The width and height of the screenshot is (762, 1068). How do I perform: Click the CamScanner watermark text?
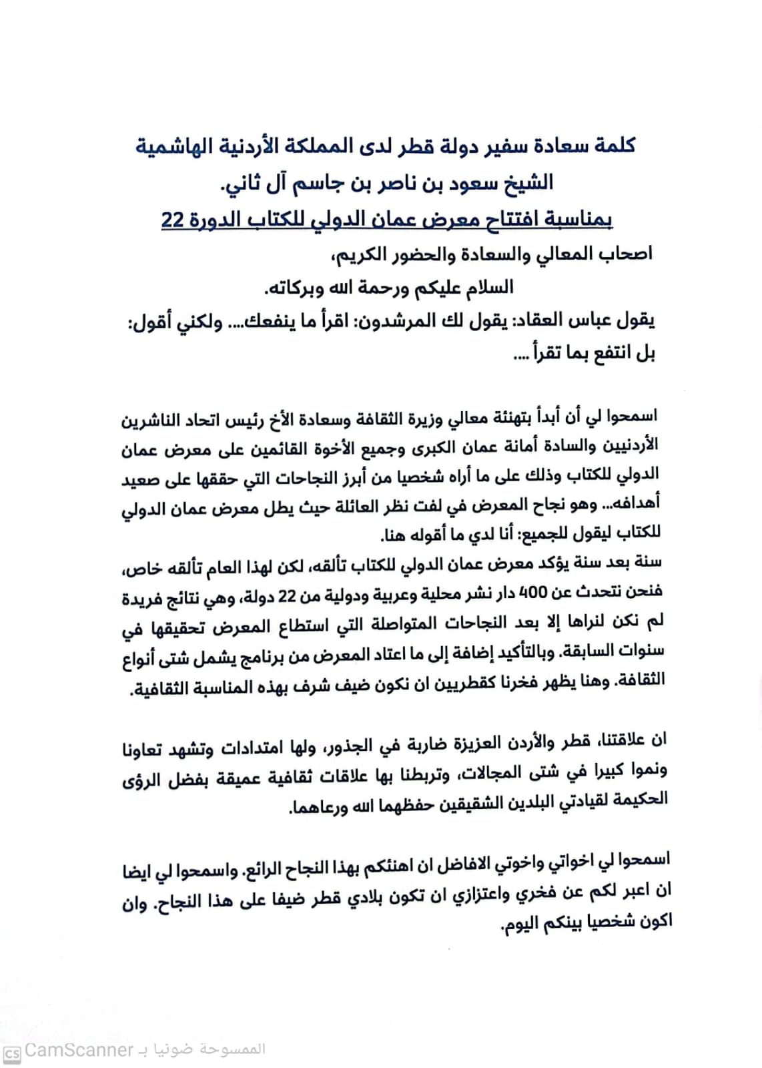pos(79,1050)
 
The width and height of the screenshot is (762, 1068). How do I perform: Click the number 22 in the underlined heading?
pos(172,219)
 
